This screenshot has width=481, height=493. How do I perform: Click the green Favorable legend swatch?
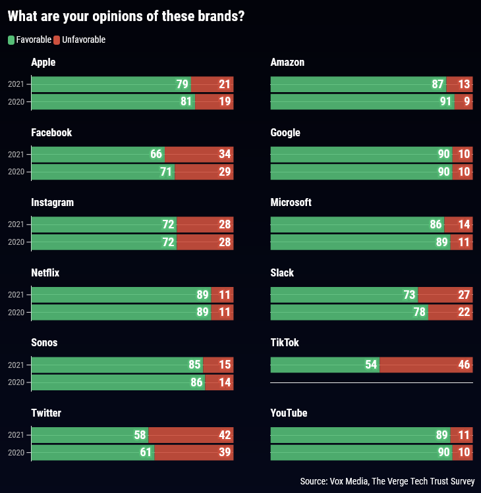point(11,40)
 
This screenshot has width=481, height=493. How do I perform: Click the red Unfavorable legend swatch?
point(57,40)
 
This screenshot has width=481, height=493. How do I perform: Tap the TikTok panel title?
point(285,343)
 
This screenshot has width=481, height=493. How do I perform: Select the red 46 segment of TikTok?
point(426,365)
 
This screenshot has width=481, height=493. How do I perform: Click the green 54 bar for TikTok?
point(324,365)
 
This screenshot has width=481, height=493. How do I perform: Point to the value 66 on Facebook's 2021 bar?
point(156,155)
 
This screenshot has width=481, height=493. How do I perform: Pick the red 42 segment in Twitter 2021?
point(190,435)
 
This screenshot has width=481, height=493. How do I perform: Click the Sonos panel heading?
point(44,343)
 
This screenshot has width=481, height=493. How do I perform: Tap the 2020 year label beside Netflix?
point(16,312)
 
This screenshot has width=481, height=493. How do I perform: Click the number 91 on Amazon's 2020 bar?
point(446,102)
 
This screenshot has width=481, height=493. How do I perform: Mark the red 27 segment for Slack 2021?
point(445,295)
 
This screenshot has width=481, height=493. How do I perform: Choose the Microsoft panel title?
point(291,203)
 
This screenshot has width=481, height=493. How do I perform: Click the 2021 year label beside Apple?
point(16,84)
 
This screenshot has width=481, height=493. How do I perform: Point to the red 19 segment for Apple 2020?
point(214,102)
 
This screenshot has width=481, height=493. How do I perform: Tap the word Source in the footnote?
point(313,482)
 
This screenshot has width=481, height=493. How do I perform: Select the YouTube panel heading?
point(289,413)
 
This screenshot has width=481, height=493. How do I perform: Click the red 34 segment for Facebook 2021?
point(198,155)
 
